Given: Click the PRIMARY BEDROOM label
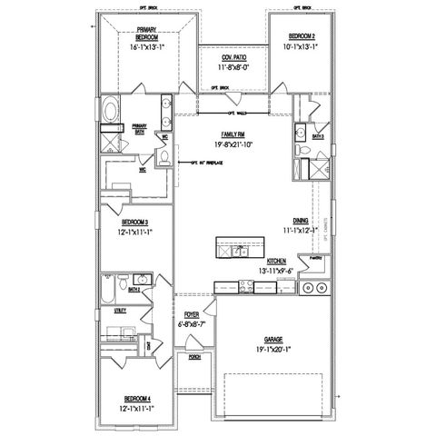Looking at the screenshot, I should [147, 35].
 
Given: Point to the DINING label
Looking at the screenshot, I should [300, 221].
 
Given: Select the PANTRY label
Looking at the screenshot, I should [315, 257].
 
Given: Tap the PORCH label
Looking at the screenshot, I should [193, 358].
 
